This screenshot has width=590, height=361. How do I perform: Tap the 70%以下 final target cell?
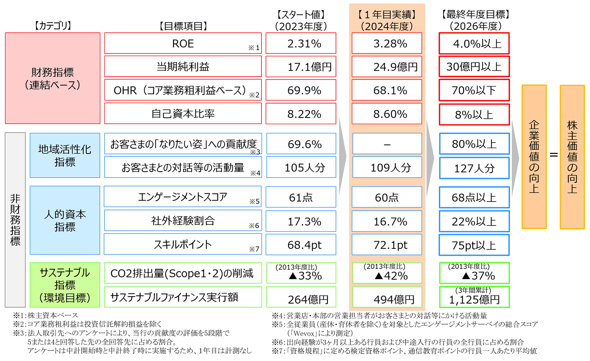click(x=474, y=90)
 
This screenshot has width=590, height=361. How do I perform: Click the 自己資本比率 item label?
click(x=183, y=113)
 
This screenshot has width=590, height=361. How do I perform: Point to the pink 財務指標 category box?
click(x=53, y=78)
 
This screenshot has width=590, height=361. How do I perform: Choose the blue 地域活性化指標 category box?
click(x=65, y=155)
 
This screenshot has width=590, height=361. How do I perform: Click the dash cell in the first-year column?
click(x=387, y=144)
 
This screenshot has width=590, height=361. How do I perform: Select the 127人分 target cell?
click(x=474, y=168)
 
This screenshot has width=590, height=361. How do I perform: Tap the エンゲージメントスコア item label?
click(x=183, y=197)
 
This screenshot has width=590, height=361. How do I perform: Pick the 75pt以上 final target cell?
click(x=474, y=245)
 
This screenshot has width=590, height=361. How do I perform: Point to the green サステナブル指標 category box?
click(x=65, y=285)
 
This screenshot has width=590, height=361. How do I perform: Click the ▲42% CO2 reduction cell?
click(x=387, y=273)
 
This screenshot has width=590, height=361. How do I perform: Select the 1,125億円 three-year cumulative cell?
click(x=474, y=297)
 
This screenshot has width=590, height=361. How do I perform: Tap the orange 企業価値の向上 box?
click(x=534, y=157)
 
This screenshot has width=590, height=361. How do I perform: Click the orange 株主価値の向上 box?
click(x=572, y=157)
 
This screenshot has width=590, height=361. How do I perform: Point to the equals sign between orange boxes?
click(x=553, y=155)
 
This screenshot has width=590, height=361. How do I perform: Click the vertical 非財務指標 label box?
click(x=15, y=220)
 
